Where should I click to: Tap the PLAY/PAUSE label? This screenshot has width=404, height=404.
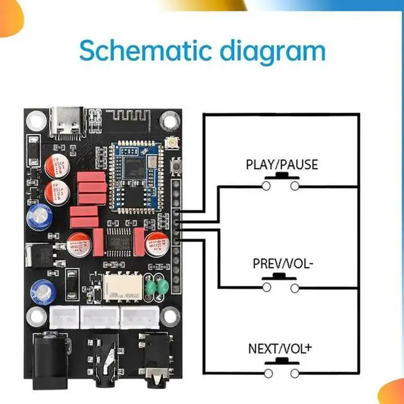click(282, 165)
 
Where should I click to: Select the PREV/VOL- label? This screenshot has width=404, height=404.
click(282, 264)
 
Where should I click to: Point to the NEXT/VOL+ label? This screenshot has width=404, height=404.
click(280, 348)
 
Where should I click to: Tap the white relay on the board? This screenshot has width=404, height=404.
click(121, 287)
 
